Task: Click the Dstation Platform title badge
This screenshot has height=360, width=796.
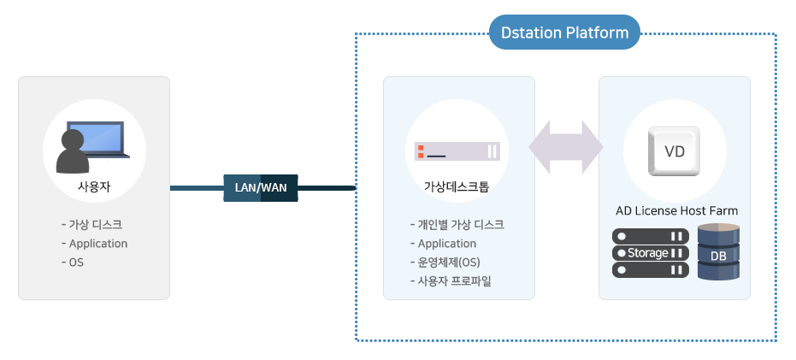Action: click(x=564, y=32)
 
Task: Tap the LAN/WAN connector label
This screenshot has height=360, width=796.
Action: click(x=261, y=188)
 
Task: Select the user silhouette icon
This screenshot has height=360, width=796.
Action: click(x=73, y=151)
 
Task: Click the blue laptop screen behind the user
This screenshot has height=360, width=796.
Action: click(x=97, y=139)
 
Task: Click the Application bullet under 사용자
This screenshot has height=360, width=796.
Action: click(x=94, y=244)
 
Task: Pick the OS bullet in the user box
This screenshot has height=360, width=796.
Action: click(x=73, y=263)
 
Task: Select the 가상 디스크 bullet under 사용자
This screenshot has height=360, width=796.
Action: click(x=91, y=224)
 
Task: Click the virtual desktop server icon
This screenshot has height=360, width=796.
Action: click(x=457, y=151)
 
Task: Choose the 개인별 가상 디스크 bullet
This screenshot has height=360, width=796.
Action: click(x=457, y=224)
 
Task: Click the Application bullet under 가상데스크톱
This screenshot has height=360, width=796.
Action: click(x=443, y=244)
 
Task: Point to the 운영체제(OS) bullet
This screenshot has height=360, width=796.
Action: click(x=445, y=263)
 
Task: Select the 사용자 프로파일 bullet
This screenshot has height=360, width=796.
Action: click(x=451, y=280)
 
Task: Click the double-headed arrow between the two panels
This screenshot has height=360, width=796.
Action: click(x=566, y=147)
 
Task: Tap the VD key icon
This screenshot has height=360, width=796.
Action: click(x=674, y=151)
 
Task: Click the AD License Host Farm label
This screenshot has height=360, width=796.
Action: click(x=676, y=210)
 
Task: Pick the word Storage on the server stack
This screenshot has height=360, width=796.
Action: click(x=648, y=253)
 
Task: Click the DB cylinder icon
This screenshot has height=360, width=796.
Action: click(x=718, y=252)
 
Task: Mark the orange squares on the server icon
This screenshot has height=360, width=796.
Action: click(x=421, y=151)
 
